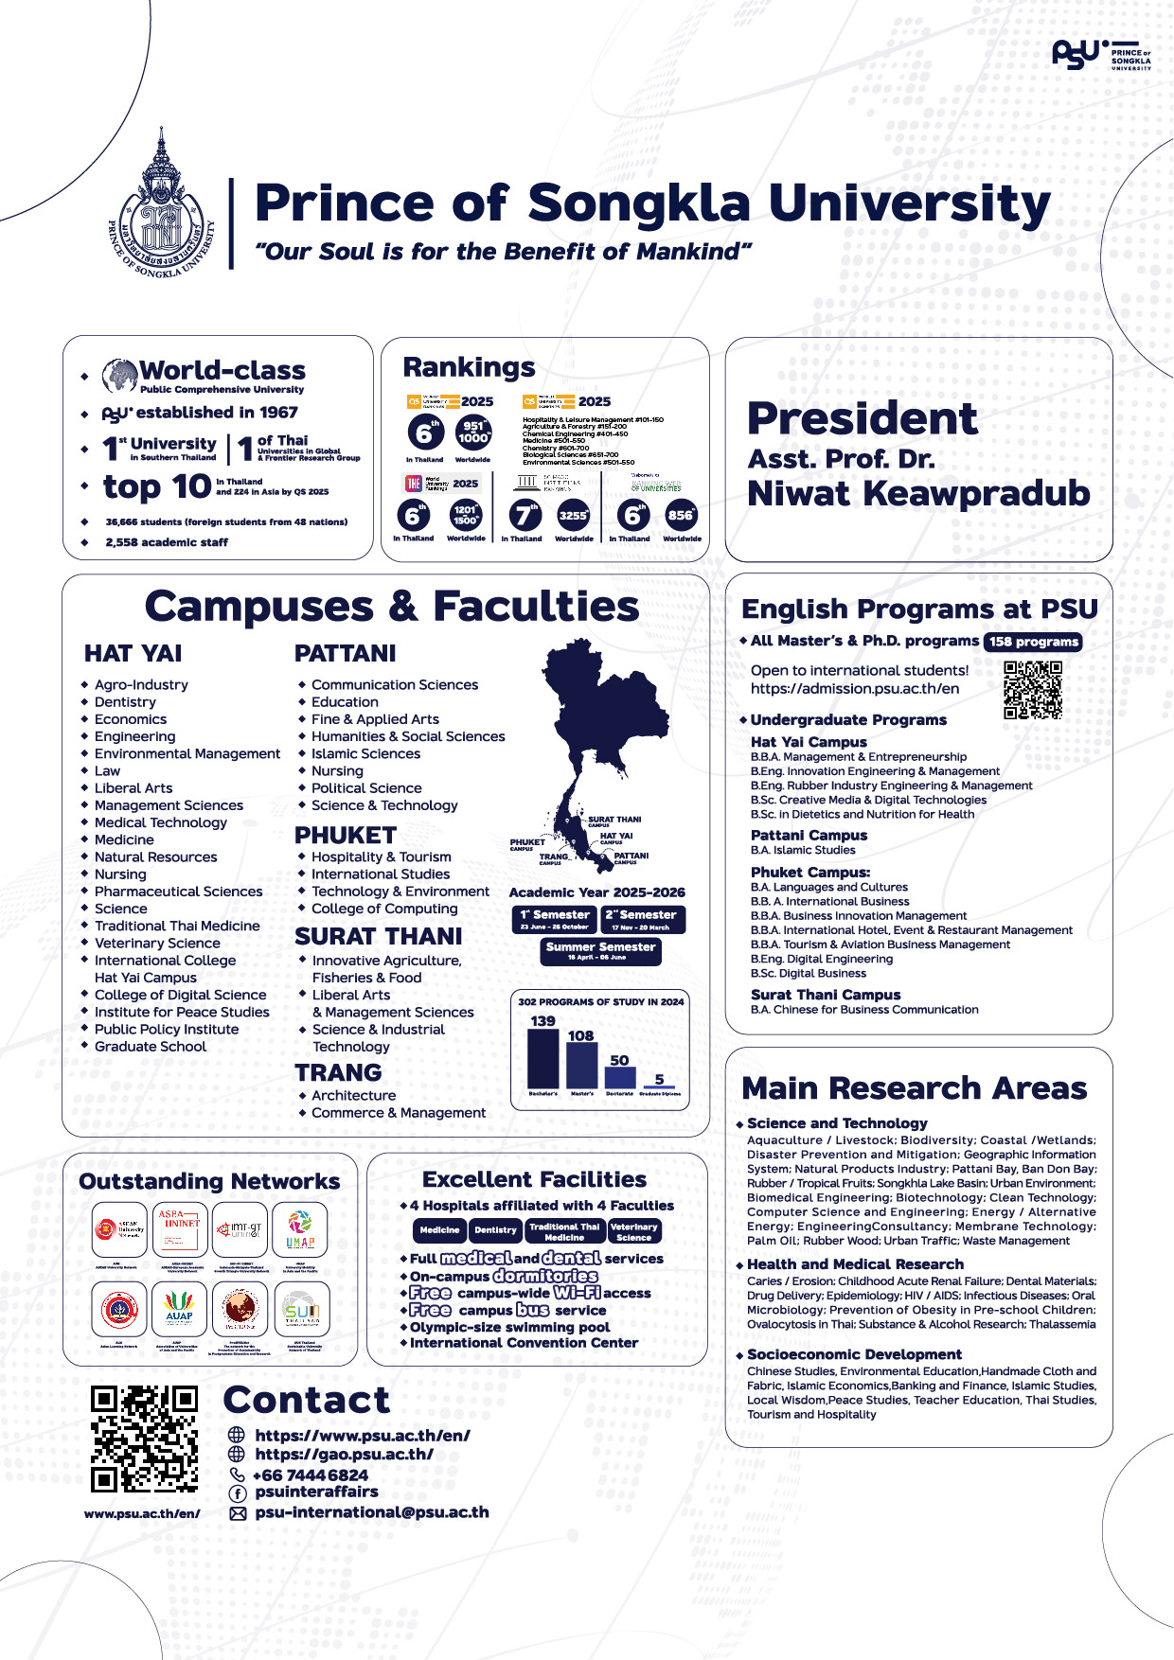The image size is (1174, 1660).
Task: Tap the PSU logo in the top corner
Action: (x=1101, y=55)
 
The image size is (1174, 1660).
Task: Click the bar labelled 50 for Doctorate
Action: (x=620, y=1077)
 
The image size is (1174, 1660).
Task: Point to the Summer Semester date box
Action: (x=600, y=951)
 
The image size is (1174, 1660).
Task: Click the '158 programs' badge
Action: (x=1033, y=642)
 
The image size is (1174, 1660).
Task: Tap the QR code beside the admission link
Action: (x=1033, y=690)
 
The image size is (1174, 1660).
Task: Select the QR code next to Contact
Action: (x=144, y=1439)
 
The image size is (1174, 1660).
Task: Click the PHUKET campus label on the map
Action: (x=527, y=843)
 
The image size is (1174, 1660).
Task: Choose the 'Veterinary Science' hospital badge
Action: (x=633, y=1231)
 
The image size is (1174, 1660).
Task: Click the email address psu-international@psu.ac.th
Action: (x=372, y=1512)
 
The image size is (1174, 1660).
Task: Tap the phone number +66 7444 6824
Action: (x=311, y=1475)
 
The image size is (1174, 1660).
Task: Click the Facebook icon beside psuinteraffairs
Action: (x=238, y=1493)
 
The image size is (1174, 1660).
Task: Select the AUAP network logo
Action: (x=179, y=1310)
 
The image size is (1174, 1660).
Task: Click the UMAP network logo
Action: (x=300, y=1229)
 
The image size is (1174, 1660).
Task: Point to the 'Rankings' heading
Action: (x=469, y=367)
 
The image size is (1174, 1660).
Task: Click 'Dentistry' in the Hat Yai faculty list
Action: (x=125, y=702)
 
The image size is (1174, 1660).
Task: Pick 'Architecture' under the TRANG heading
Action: (x=353, y=1096)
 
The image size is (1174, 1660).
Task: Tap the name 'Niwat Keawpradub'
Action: (x=918, y=494)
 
